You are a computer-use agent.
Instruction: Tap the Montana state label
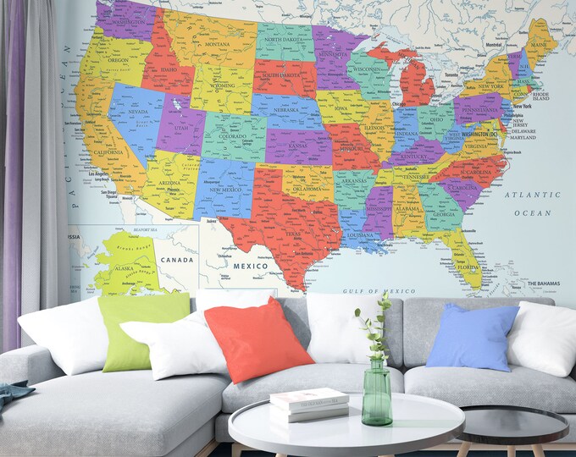point(217,44)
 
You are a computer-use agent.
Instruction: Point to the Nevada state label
point(138,112)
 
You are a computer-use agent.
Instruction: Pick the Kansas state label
point(297,146)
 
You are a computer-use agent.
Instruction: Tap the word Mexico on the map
point(250,265)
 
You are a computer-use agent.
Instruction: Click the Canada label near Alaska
point(178,258)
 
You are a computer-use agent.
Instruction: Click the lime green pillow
point(142,330)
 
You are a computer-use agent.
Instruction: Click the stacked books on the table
point(309,404)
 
